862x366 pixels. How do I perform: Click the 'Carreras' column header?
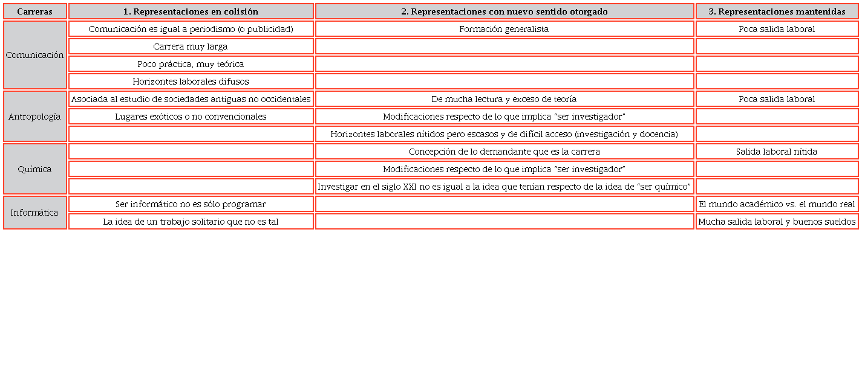[x=34, y=11]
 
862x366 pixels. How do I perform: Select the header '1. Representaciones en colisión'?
[x=191, y=11]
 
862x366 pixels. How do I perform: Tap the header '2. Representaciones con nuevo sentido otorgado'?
[x=504, y=11]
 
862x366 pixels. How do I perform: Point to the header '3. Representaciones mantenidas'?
[x=777, y=11]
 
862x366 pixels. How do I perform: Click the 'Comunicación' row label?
[x=34, y=55]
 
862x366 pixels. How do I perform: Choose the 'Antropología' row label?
[x=34, y=117]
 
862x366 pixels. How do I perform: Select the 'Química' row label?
[x=34, y=169]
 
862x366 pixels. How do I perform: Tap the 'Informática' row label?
[x=34, y=213]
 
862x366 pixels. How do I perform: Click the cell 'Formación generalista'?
[x=504, y=29]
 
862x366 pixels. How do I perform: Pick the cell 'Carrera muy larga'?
[x=191, y=47]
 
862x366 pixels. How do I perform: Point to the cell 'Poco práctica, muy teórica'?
[x=191, y=64]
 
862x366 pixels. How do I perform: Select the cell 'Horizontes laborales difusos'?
[x=191, y=82]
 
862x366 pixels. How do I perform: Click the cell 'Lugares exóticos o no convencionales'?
[x=191, y=117]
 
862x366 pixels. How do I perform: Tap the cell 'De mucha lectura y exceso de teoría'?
[x=504, y=99]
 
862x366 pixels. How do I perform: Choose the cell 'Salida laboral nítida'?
[x=777, y=152]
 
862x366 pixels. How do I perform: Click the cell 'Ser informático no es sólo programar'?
[x=191, y=204]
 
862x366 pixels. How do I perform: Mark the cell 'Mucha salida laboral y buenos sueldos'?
[x=777, y=222]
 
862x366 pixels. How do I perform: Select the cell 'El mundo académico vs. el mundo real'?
[x=777, y=204]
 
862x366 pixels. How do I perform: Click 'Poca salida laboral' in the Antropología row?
[x=777, y=99]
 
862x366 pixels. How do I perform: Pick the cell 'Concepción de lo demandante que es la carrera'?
[x=504, y=152]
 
